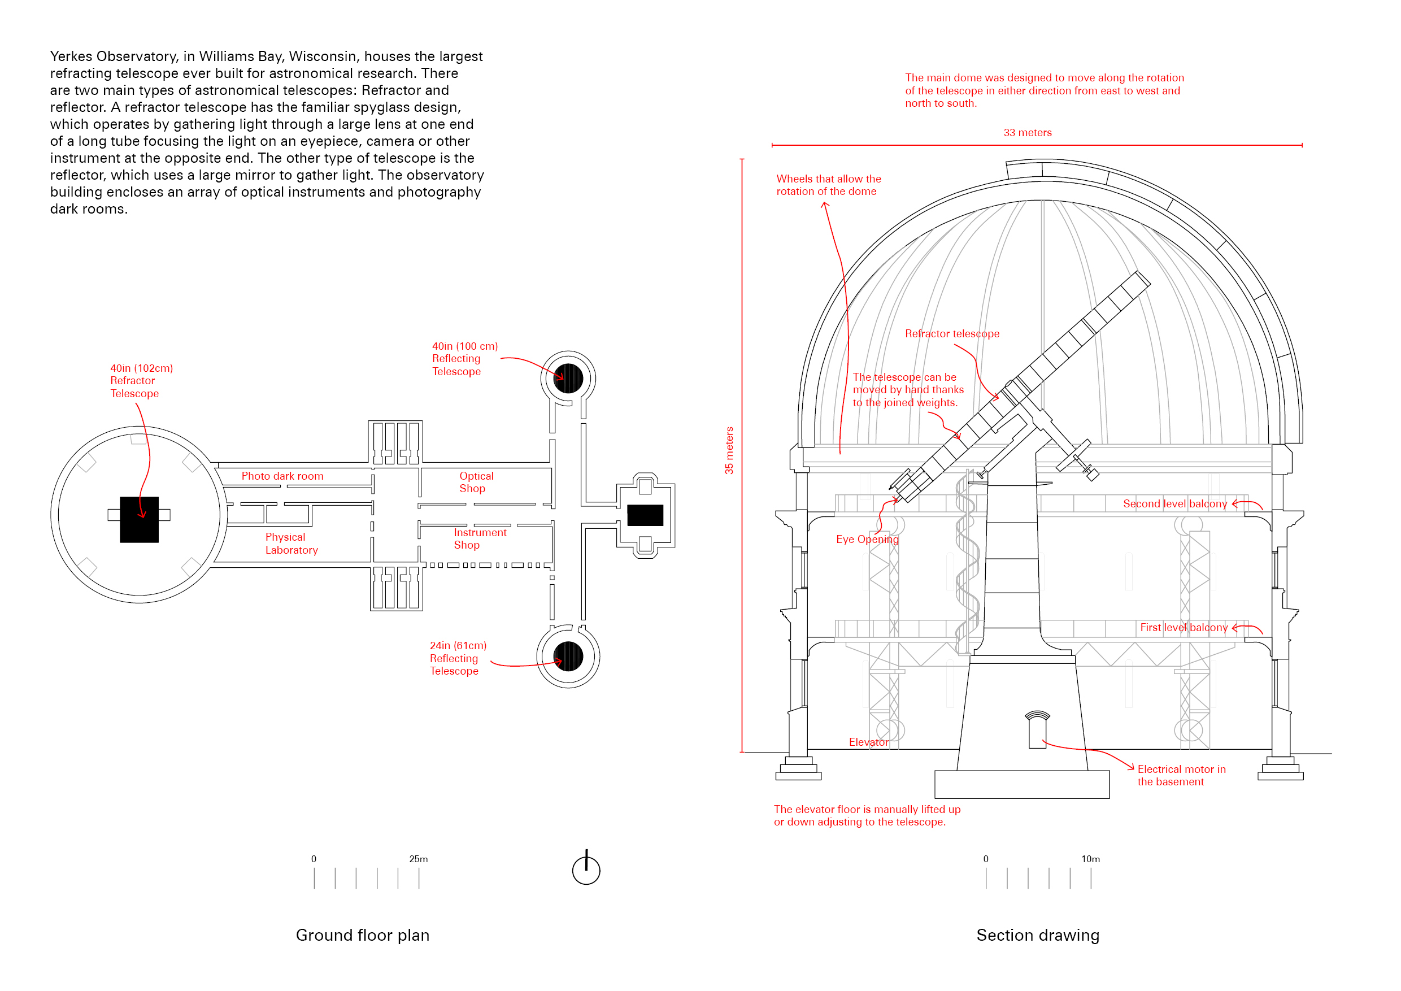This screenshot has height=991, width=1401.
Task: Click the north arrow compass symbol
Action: coord(586,869)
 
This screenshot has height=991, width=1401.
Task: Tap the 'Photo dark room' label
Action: coord(282,476)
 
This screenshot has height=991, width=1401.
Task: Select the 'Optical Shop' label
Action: coord(476,482)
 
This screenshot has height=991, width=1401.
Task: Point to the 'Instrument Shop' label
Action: coord(480,539)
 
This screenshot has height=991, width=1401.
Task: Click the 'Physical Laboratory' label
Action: coord(291,543)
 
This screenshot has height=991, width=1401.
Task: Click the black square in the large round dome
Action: coord(139,519)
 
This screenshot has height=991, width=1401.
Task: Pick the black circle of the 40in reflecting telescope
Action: coord(568,379)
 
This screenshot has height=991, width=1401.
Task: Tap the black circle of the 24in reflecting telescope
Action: coord(568,657)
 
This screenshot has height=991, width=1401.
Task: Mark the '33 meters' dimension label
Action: coord(1028,132)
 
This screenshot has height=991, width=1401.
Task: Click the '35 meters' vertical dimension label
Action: coord(729,450)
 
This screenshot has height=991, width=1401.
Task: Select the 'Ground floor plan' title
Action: coord(363,935)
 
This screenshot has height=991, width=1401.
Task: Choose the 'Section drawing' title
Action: coord(1038,935)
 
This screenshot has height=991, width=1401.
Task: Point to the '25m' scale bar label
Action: coord(419,859)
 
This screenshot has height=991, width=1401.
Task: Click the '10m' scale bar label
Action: coord(1090,859)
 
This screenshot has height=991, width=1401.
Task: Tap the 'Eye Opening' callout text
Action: coord(867,540)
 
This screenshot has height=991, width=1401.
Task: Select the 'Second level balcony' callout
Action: coord(1174,503)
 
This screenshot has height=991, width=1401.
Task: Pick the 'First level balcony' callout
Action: coord(1184,627)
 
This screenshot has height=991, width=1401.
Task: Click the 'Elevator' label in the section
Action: coord(868,742)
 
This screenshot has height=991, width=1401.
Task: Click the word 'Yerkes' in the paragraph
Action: coord(71,56)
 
